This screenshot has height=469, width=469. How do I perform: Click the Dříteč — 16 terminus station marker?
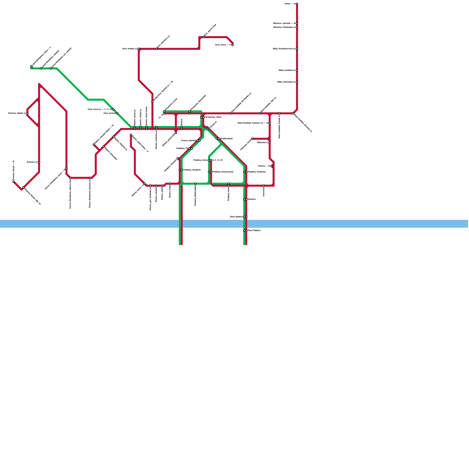pos(297,4)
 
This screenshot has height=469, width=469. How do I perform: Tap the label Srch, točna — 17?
pos(223,45)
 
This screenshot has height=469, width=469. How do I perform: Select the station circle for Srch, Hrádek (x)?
pos(139,49)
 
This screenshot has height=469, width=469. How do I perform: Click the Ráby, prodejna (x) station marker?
pos(297,70)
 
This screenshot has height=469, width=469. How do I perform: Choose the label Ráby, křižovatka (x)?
pos(286,82)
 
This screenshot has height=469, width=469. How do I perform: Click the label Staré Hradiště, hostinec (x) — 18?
pos(253,123)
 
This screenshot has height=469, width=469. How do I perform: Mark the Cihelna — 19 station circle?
pos(272,166)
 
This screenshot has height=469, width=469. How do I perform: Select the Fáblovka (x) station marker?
pos(270,143)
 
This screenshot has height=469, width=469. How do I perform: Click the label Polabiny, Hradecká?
pos(256,172)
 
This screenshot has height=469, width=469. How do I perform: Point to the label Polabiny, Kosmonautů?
pos(223,172)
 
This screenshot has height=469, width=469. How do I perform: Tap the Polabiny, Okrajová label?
pos(192,170)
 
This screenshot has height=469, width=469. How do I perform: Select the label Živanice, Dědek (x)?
pos(17,113)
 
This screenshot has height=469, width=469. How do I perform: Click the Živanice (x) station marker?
pos(39,162)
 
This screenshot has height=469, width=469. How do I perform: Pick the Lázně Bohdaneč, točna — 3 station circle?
pos(31,67)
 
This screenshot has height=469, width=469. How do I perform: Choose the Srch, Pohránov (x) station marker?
pos(156,49)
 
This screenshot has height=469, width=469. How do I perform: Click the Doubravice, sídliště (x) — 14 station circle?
pos(152,102)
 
